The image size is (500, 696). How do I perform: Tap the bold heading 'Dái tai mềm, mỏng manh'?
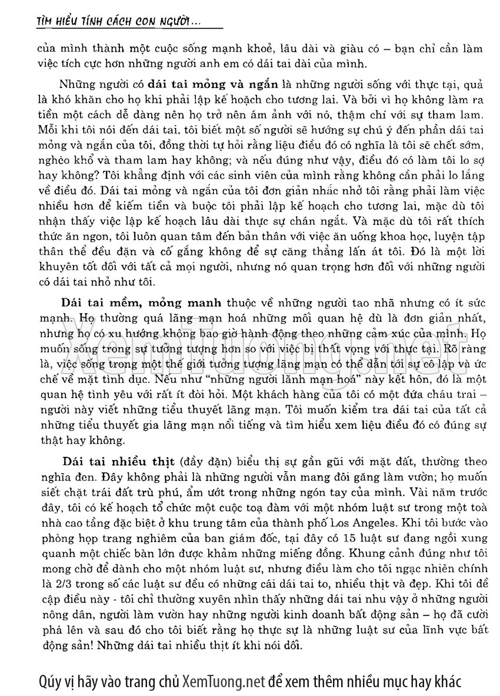coord(142,303)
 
